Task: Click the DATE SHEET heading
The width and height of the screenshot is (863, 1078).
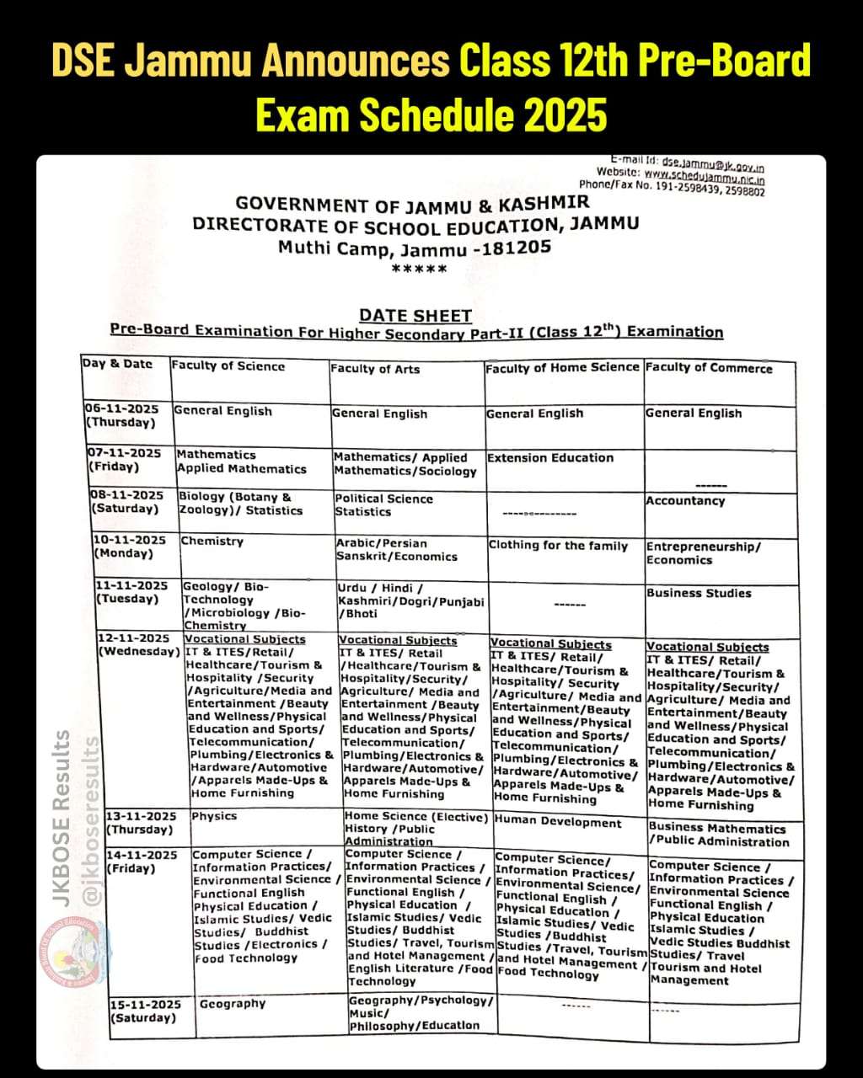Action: pos(415,316)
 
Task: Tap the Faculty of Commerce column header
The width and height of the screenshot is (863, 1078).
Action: pos(708,368)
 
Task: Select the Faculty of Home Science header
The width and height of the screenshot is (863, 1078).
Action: pos(562,367)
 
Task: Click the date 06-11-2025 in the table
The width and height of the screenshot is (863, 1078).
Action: pos(122,408)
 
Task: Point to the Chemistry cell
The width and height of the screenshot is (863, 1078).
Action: pos(212,542)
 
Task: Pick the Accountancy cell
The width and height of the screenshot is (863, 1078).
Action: pos(684,501)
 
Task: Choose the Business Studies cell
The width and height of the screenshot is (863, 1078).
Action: pos(699,593)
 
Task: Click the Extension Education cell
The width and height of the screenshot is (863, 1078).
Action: pos(550,458)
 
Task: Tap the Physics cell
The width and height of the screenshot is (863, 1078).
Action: pos(214,816)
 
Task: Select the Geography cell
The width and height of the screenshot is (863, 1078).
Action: pos(233,1004)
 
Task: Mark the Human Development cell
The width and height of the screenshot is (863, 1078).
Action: pos(558,822)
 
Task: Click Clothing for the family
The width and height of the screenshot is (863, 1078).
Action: pos(558,546)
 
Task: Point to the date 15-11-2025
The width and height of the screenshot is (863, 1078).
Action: pos(145,1005)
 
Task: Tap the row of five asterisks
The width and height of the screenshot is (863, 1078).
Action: pos(420,269)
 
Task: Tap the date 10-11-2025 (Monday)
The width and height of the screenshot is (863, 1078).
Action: pos(130,540)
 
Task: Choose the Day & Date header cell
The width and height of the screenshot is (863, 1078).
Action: pos(117,364)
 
